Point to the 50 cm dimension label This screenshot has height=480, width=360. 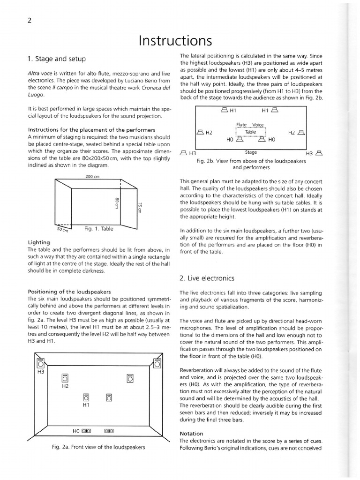point(62,230)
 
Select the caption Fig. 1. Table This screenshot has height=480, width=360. point(99,229)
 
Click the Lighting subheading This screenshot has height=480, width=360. point(39,242)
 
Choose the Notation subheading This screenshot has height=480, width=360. point(192,434)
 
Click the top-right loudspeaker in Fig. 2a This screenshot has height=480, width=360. point(157,364)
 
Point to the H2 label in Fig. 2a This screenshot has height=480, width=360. point(65,387)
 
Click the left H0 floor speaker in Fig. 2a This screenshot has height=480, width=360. point(86,430)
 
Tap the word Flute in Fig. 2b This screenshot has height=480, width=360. point(241,125)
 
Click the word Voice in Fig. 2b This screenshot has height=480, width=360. point(258,125)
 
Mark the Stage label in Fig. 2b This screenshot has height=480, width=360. point(251,152)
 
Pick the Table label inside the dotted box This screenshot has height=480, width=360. point(251,132)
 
